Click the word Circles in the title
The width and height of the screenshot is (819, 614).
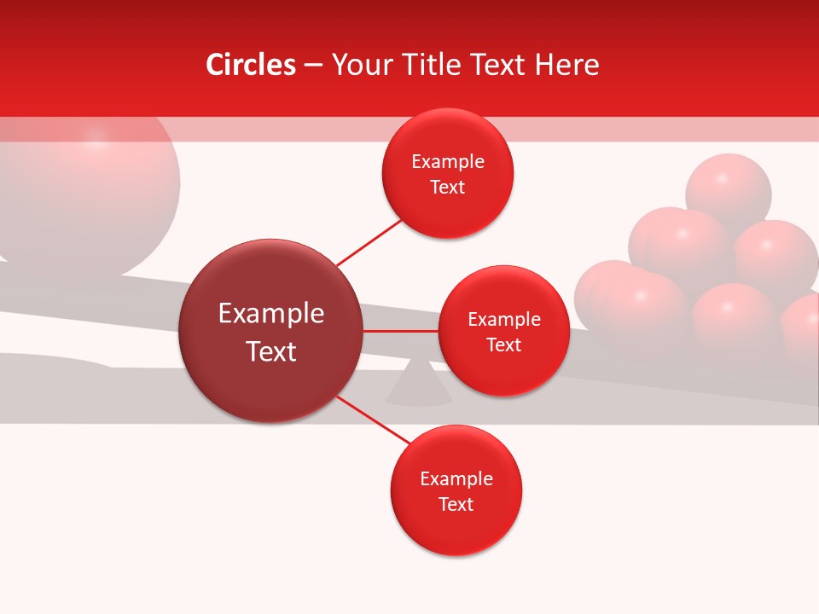[250, 65]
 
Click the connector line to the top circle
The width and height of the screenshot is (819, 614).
[369, 242]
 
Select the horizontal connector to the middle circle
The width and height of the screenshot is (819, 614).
[401, 331]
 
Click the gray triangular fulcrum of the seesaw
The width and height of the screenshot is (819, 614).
[419, 385]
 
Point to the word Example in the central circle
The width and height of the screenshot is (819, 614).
[271, 313]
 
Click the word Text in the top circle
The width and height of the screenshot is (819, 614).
[447, 188]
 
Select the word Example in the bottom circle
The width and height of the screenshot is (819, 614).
[456, 478]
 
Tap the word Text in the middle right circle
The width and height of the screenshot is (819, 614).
[503, 345]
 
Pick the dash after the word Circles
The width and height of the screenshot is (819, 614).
[312, 66]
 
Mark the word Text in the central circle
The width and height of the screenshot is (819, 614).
[271, 351]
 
